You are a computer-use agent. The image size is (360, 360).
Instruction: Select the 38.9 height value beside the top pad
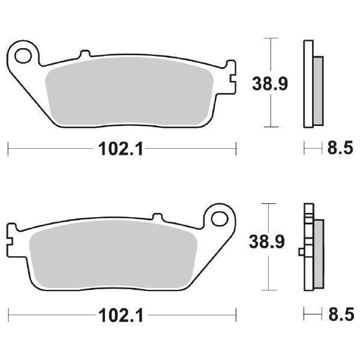click(269, 83)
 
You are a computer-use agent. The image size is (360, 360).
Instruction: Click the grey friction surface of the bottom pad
click(114, 255)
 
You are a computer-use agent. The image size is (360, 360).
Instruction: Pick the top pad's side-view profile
click(311, 84)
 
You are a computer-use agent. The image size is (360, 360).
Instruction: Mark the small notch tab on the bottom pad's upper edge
click(158, 217)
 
